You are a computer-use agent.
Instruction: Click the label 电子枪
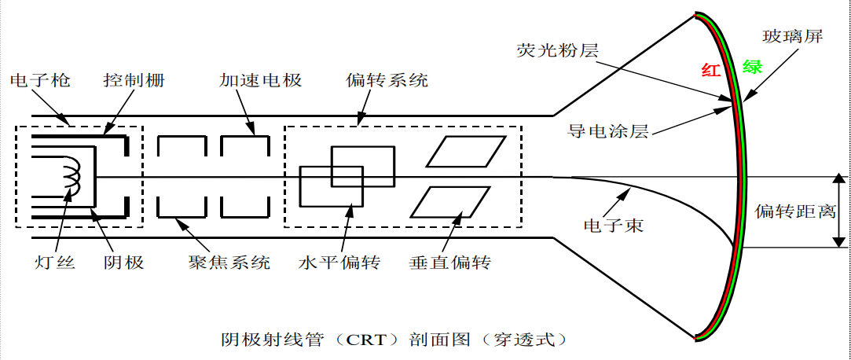click(x=39, y=81)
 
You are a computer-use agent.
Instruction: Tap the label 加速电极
click(x=260, y=81)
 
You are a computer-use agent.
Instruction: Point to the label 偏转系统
click(x=387, y=81)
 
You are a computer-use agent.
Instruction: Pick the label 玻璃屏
click(x=793, y=37)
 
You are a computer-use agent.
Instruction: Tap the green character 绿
click(x=752, y=67)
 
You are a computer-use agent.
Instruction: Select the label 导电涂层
click(x=608, y=131)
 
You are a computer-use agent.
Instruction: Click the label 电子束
click(x=613, y=226)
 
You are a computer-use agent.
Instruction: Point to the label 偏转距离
click(x=794, y=211)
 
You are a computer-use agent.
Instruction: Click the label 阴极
click(x=124, y=262)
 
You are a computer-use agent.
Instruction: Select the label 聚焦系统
click(x=229, y=262)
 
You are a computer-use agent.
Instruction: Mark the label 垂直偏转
click(x=449, y=262)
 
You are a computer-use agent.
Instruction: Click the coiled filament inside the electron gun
click(x=69, y=177)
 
